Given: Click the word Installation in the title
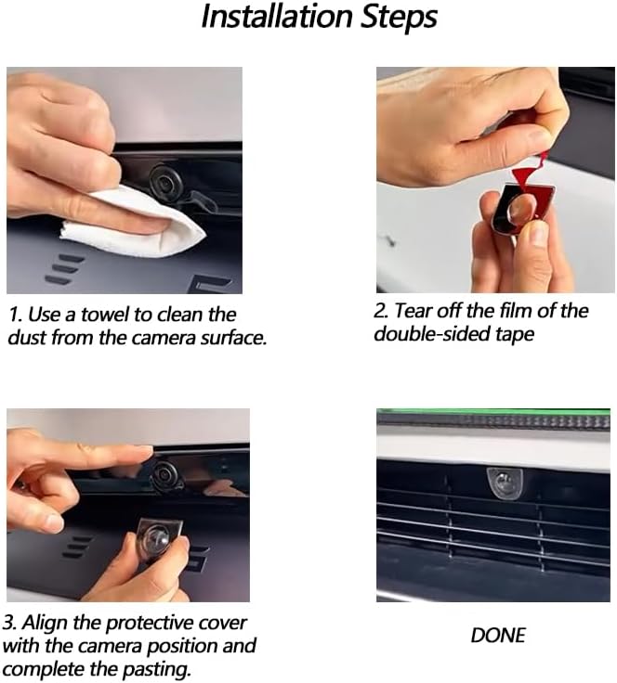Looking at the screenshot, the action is tap(277, 17).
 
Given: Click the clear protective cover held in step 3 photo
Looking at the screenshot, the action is tap(157, 538).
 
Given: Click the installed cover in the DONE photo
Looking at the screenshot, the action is tap(504, 483).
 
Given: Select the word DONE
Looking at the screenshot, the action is tap(498, 636).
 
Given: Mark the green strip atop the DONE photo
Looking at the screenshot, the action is tap(493, 411).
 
